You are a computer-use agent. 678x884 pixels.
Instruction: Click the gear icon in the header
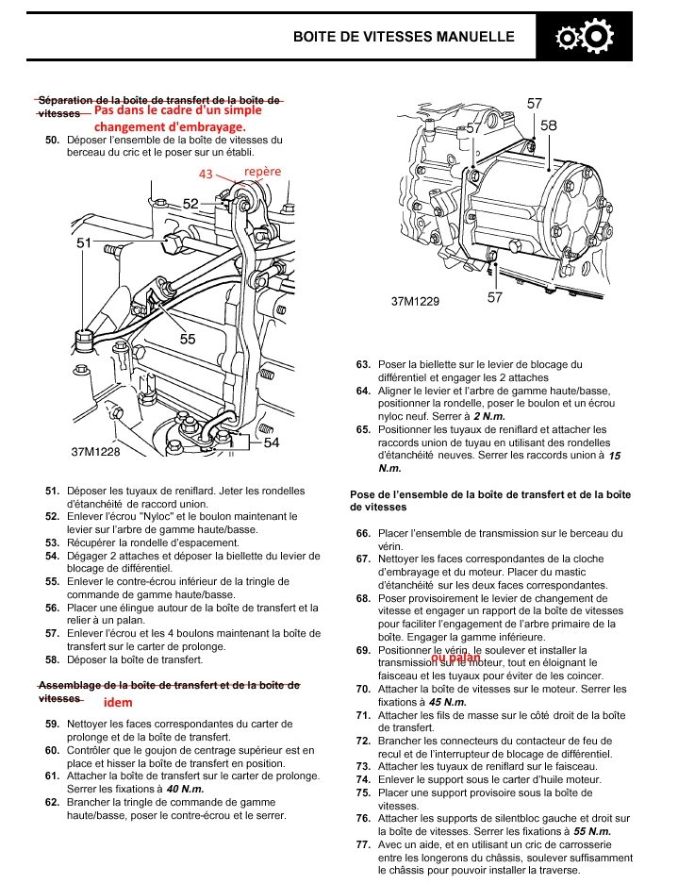click(x=585, y=37)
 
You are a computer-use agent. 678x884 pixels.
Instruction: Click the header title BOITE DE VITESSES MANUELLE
click(x=404, y=37)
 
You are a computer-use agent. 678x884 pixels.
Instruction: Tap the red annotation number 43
click(x=207, y=174)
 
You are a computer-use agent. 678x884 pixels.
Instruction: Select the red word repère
click(x=262, y=171)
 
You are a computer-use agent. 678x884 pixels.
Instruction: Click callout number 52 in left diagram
click(x=190, y=203)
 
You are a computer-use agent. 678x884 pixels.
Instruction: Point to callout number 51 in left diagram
click(x=84, y=242)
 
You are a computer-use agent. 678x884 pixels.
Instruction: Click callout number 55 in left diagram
click(x=188, y=339)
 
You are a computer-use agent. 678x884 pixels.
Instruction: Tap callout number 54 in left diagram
click(x=272, y=442)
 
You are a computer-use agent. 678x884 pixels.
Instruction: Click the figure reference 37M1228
click(x=96, y=452)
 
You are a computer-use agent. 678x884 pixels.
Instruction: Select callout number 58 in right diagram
click(x=549, y=125)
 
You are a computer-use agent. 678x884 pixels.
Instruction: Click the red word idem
click(x=118, y=702)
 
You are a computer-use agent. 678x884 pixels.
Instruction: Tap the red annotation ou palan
click(x=455, y=658)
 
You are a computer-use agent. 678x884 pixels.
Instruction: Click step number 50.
click(x=53, y=141)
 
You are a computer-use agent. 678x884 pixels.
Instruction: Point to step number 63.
click(x=363, y=364)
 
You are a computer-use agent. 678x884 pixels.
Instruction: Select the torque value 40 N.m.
click(x=188, y=789)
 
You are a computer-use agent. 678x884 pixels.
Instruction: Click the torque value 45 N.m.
click(x=448, y=702)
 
